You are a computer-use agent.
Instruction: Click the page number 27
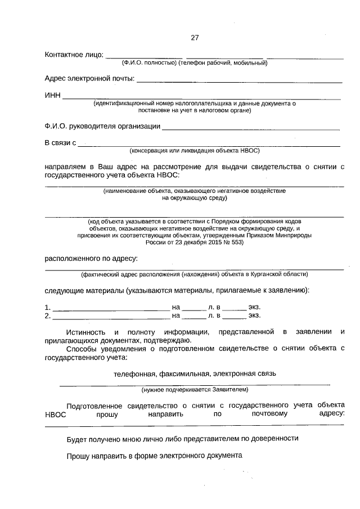click(x=195, y=38)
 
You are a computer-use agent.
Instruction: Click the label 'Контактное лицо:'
click(x=74, y=55)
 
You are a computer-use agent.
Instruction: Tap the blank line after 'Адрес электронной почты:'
click(x=240, y=82)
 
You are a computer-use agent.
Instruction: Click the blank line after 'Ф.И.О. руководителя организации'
click(x=251, y=128)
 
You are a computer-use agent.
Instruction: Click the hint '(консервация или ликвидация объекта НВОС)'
click(x=194, y=151)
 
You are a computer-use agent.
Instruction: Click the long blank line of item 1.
click(x=110, y=309)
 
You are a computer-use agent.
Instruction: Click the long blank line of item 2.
click(x=110, y=318)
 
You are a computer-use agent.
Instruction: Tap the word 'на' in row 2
click(x=176, y=316)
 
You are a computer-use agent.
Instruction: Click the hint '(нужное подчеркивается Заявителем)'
click(x=194, y=389)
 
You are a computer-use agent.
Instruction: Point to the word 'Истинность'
click(x=87, y=332)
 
